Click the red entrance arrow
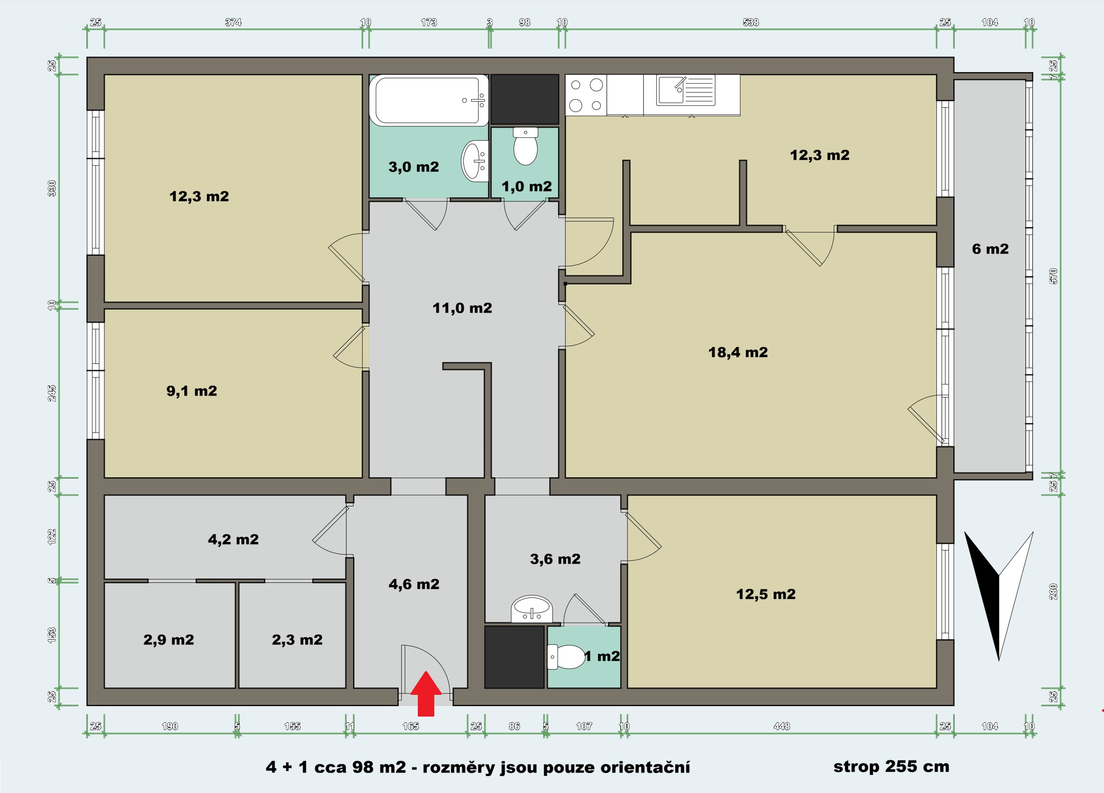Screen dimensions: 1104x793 pos(426,694)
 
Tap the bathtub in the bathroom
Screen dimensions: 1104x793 pos(429,100)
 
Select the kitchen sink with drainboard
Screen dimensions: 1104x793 pos(686,90)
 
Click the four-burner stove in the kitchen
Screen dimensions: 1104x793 pos(586,95)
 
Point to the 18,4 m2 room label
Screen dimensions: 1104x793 pos(738,352)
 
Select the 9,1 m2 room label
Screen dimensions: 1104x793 pos(192,391)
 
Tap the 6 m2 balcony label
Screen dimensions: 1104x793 pos(991,249)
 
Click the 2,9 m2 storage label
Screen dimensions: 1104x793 pos(169,640)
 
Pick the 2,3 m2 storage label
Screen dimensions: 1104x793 pos(297,640)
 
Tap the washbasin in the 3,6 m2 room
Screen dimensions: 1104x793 pos(532,609)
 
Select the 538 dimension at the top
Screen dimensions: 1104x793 pos(750,22)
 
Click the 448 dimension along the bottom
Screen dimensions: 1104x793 pos(782,726)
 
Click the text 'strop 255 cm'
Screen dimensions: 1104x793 pos(891,767)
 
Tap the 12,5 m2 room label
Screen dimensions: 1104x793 pos(766,594)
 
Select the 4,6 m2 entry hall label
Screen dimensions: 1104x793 pos(414,584)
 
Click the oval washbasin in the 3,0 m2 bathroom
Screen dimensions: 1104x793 pos(475,161)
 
